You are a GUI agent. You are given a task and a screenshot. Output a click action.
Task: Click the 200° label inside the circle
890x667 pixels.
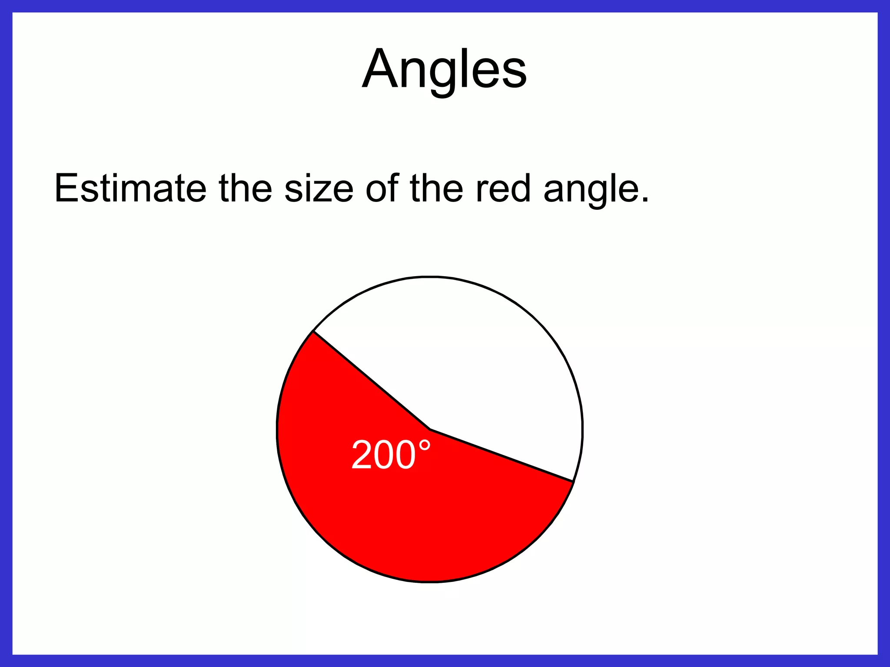coord(391,455)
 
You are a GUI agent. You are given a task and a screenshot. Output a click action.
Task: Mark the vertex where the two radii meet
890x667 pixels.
coord(430,429)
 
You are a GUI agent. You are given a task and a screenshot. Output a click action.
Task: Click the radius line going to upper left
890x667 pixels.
coord(372,380)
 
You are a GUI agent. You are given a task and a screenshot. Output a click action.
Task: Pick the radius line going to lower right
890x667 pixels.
coord(501,455)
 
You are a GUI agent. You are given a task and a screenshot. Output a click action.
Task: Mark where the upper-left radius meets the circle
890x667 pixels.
coord(313,331)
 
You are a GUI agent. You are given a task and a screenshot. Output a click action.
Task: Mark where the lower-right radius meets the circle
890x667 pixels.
coord(573,481)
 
